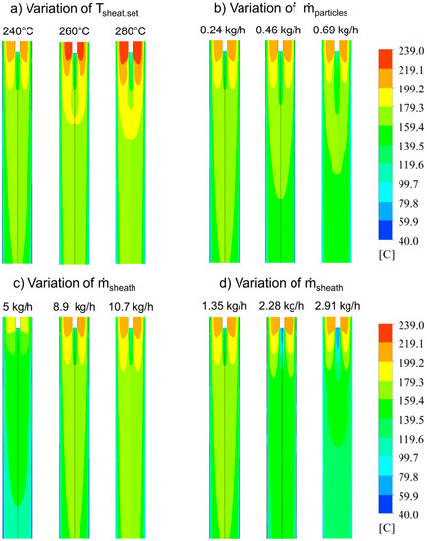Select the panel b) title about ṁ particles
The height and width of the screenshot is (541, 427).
pos(292,11)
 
